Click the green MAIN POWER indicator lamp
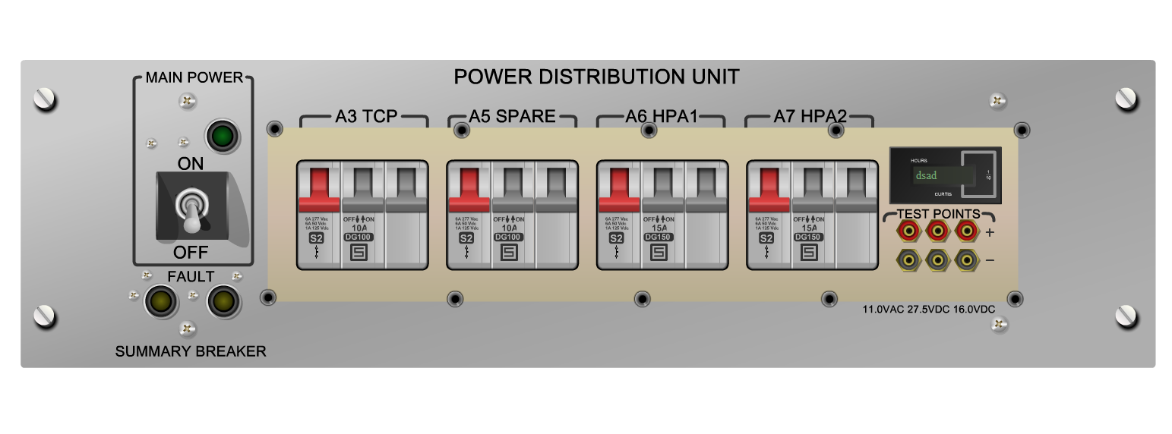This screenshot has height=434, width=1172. point(222,137)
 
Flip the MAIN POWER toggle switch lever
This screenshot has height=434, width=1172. point(191,212)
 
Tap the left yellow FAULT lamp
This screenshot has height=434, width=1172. point(161,301)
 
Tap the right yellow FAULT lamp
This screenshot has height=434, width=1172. point(223,301)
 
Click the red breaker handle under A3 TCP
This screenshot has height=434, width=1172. point(318,189)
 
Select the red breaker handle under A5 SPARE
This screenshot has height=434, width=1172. point(469,189)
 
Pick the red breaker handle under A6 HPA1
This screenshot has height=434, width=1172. point(619,189)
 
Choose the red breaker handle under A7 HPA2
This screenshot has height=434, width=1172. point(769,189)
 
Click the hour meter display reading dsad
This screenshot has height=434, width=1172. point(944,176)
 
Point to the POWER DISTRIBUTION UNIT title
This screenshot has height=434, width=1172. point(596,77)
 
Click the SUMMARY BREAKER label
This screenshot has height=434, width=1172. point(191,351)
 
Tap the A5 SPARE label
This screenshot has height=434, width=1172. point(512,117)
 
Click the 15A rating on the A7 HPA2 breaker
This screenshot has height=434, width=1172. point(809,228)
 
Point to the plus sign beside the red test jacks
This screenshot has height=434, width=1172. point(990,232)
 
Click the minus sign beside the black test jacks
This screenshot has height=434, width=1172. point(990,260)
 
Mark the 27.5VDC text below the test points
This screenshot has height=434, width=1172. point(929,310)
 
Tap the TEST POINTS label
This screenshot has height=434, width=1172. point(938,214)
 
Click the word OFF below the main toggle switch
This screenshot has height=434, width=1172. point(191,252)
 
